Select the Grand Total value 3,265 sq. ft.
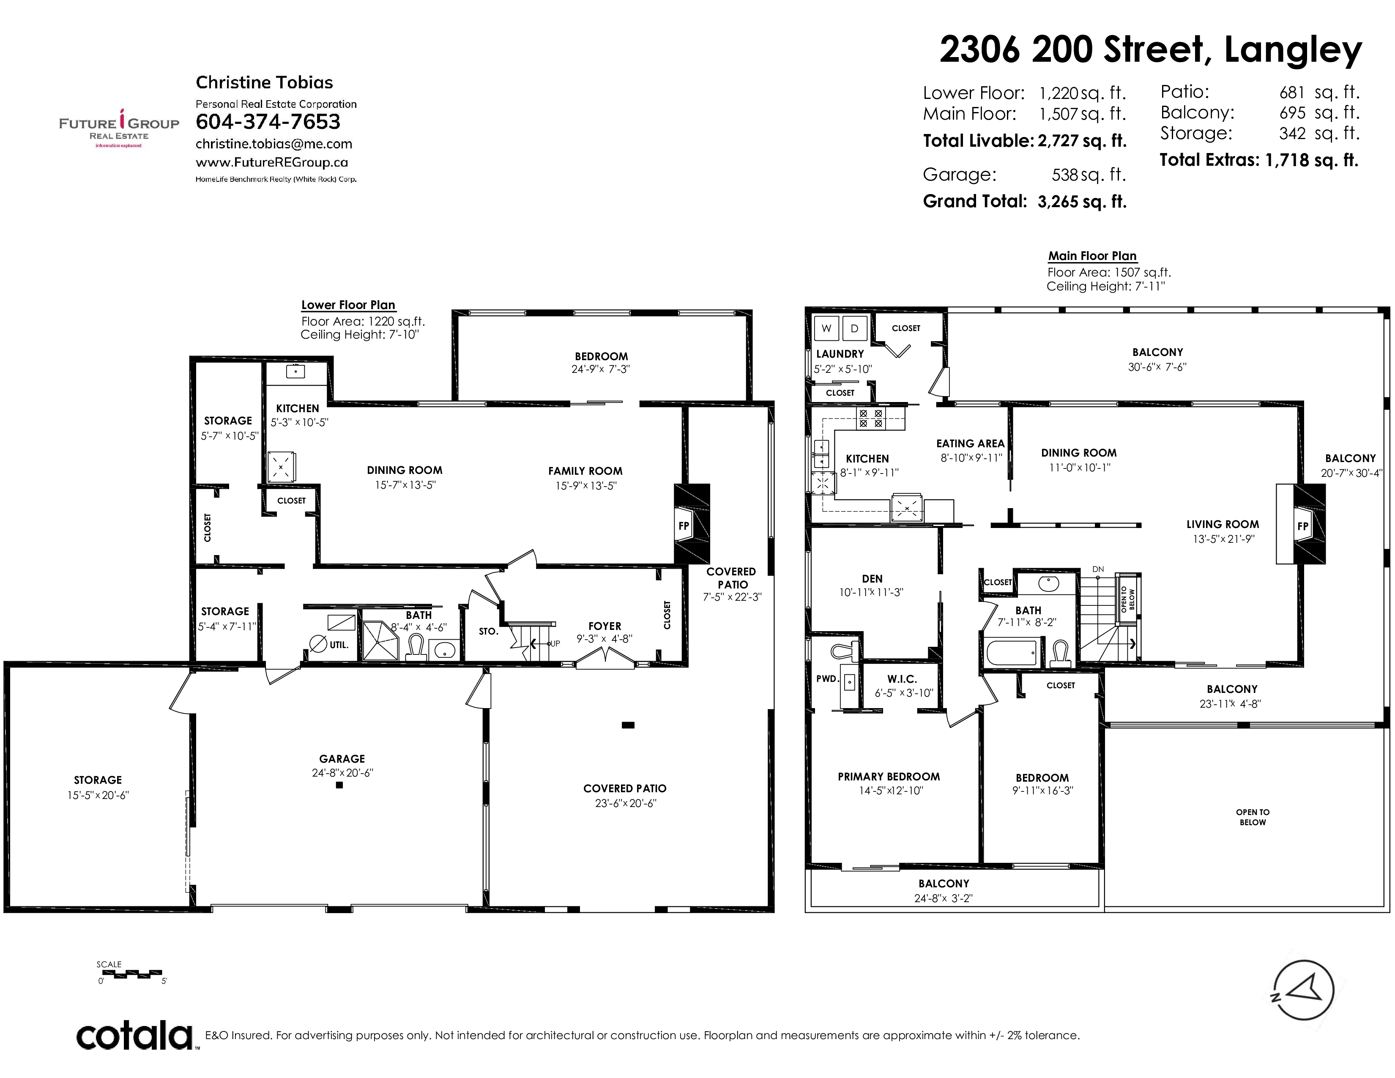1082,202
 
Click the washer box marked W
826,328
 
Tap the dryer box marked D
855,328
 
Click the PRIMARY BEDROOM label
889,777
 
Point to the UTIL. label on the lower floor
339,645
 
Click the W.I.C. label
902,679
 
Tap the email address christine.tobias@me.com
274,144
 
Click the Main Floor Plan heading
1092,256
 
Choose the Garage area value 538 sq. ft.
1089,174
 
